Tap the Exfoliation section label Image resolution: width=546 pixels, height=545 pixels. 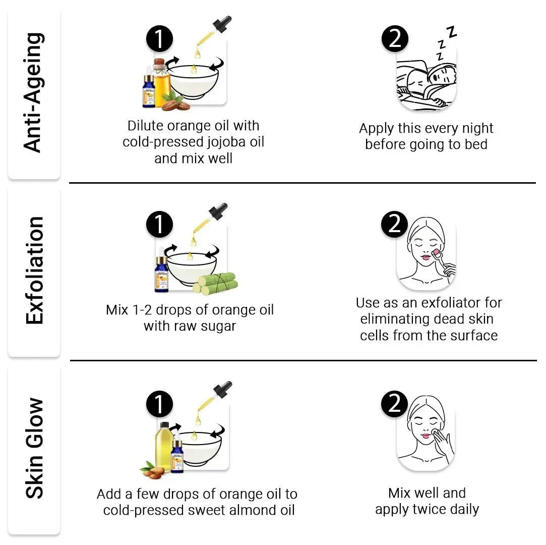click(x=34, y=270)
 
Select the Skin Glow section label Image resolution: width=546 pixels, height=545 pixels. click(x=34, y=449)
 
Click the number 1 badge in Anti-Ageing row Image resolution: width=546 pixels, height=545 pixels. click(x=159, y=39)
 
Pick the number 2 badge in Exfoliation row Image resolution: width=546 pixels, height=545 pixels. click(x=394, y=223)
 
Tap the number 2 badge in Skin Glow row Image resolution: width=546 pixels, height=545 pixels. click(x=394, y=403)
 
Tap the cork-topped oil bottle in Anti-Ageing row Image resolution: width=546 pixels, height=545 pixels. click(x=160, y=83)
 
